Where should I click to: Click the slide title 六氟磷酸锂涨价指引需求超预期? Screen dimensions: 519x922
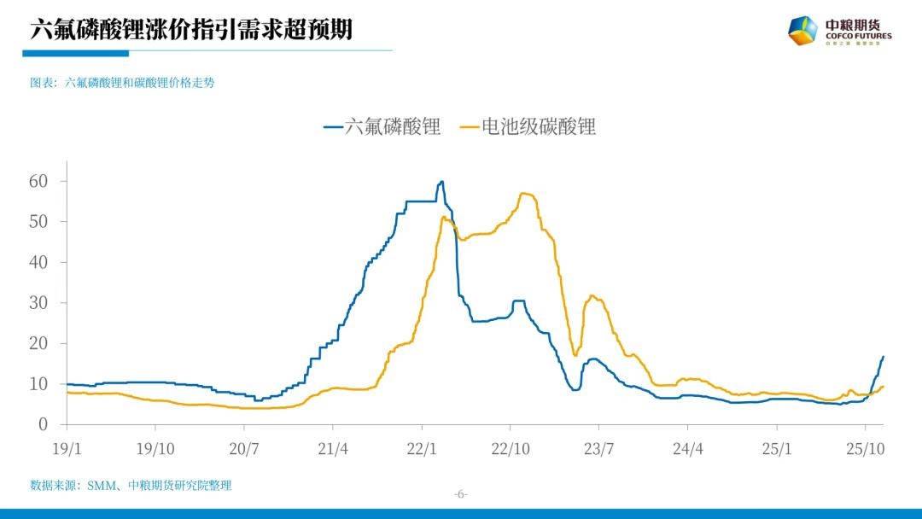tap(191, 30)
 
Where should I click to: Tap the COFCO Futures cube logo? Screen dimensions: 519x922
tap(802, 31)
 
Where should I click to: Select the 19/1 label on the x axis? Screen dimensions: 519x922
tap(67, 447)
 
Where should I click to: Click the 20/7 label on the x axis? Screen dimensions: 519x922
tap(244, 447)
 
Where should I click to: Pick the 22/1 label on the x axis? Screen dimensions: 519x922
tap(422, 447)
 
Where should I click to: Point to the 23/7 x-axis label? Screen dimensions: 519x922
tap(598, 447)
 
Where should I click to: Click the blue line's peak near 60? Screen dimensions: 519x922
tap(441, 181)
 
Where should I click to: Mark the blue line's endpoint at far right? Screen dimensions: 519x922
tap(883, 357)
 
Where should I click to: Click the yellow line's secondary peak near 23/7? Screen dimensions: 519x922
tap(592, 296)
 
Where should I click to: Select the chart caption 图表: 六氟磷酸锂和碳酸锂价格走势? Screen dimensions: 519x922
tap(122, 83)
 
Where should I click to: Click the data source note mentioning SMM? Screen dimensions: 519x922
tap(131, 485)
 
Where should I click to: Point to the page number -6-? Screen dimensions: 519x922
tap(460, 494)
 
